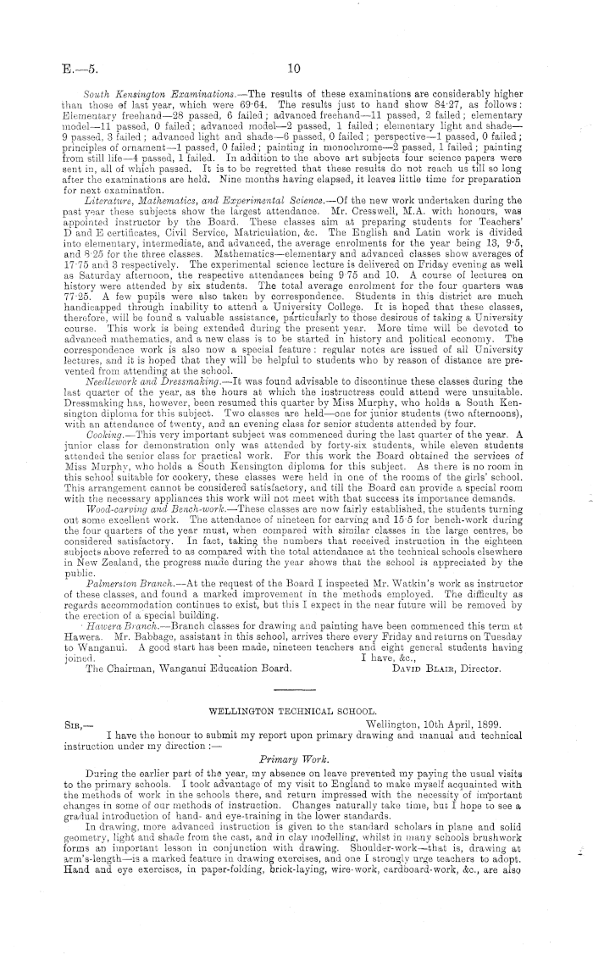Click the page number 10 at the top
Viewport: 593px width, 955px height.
pos(294,69)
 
